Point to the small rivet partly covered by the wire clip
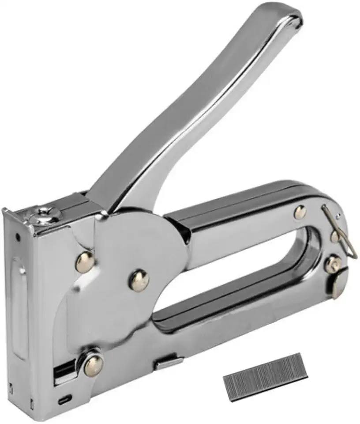click(335, 237)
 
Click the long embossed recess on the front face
click(19, 305)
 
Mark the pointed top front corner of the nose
click(5, 209)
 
